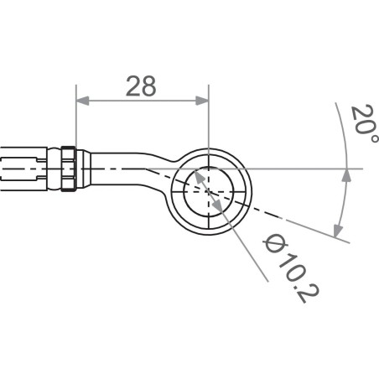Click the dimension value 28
coord(140,86)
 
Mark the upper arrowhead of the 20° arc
coord(345,174)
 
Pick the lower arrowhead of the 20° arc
coord(338,231)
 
